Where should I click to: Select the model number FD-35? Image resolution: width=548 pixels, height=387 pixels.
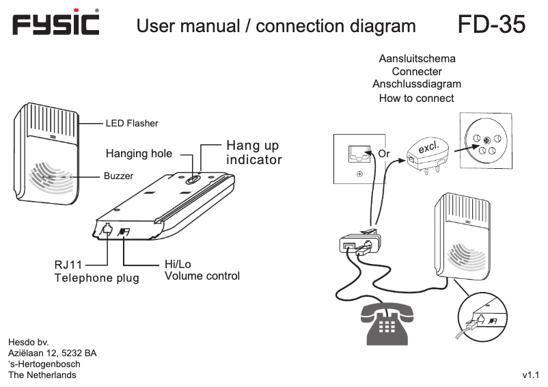pyautogui.click(x=491, y=25)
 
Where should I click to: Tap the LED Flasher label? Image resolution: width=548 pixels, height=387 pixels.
pyautogui.click(x=131, y=124)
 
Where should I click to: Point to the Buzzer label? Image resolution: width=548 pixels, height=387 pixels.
pyautogui.click(x=118, y=176)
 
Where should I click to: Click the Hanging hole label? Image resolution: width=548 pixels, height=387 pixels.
pyautogui.click(x=139, y=153)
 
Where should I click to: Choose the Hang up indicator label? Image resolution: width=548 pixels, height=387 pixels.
pyautogui.click(x=254, y=153)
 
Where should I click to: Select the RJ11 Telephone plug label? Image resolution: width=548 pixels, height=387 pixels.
pyautogui.click(x=96, y=271)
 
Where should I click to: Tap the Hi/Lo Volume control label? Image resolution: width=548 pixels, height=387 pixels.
pyautogui.click(x=202, y=270)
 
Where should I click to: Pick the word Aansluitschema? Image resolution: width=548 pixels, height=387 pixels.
pyautogui.click(x=417, y=59)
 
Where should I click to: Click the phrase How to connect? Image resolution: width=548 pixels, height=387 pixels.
pyautogui.click(x=416, y=98)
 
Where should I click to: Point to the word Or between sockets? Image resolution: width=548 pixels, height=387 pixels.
pyautogui.click(x=384, y=154)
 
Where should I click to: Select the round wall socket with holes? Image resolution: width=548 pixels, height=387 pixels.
pyautogui.click(x=486, y=141)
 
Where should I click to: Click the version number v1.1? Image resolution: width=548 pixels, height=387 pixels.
pyautogui.click(x=531, y=375)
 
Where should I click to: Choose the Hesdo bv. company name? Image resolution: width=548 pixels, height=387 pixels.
pyautogui.click(x=28, y=341)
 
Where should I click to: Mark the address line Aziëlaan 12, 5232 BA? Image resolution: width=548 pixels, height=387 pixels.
pyautogui.click(x=52, y=353)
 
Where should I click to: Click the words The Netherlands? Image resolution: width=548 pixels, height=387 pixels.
pyautogui.click(x=42, y=375)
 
